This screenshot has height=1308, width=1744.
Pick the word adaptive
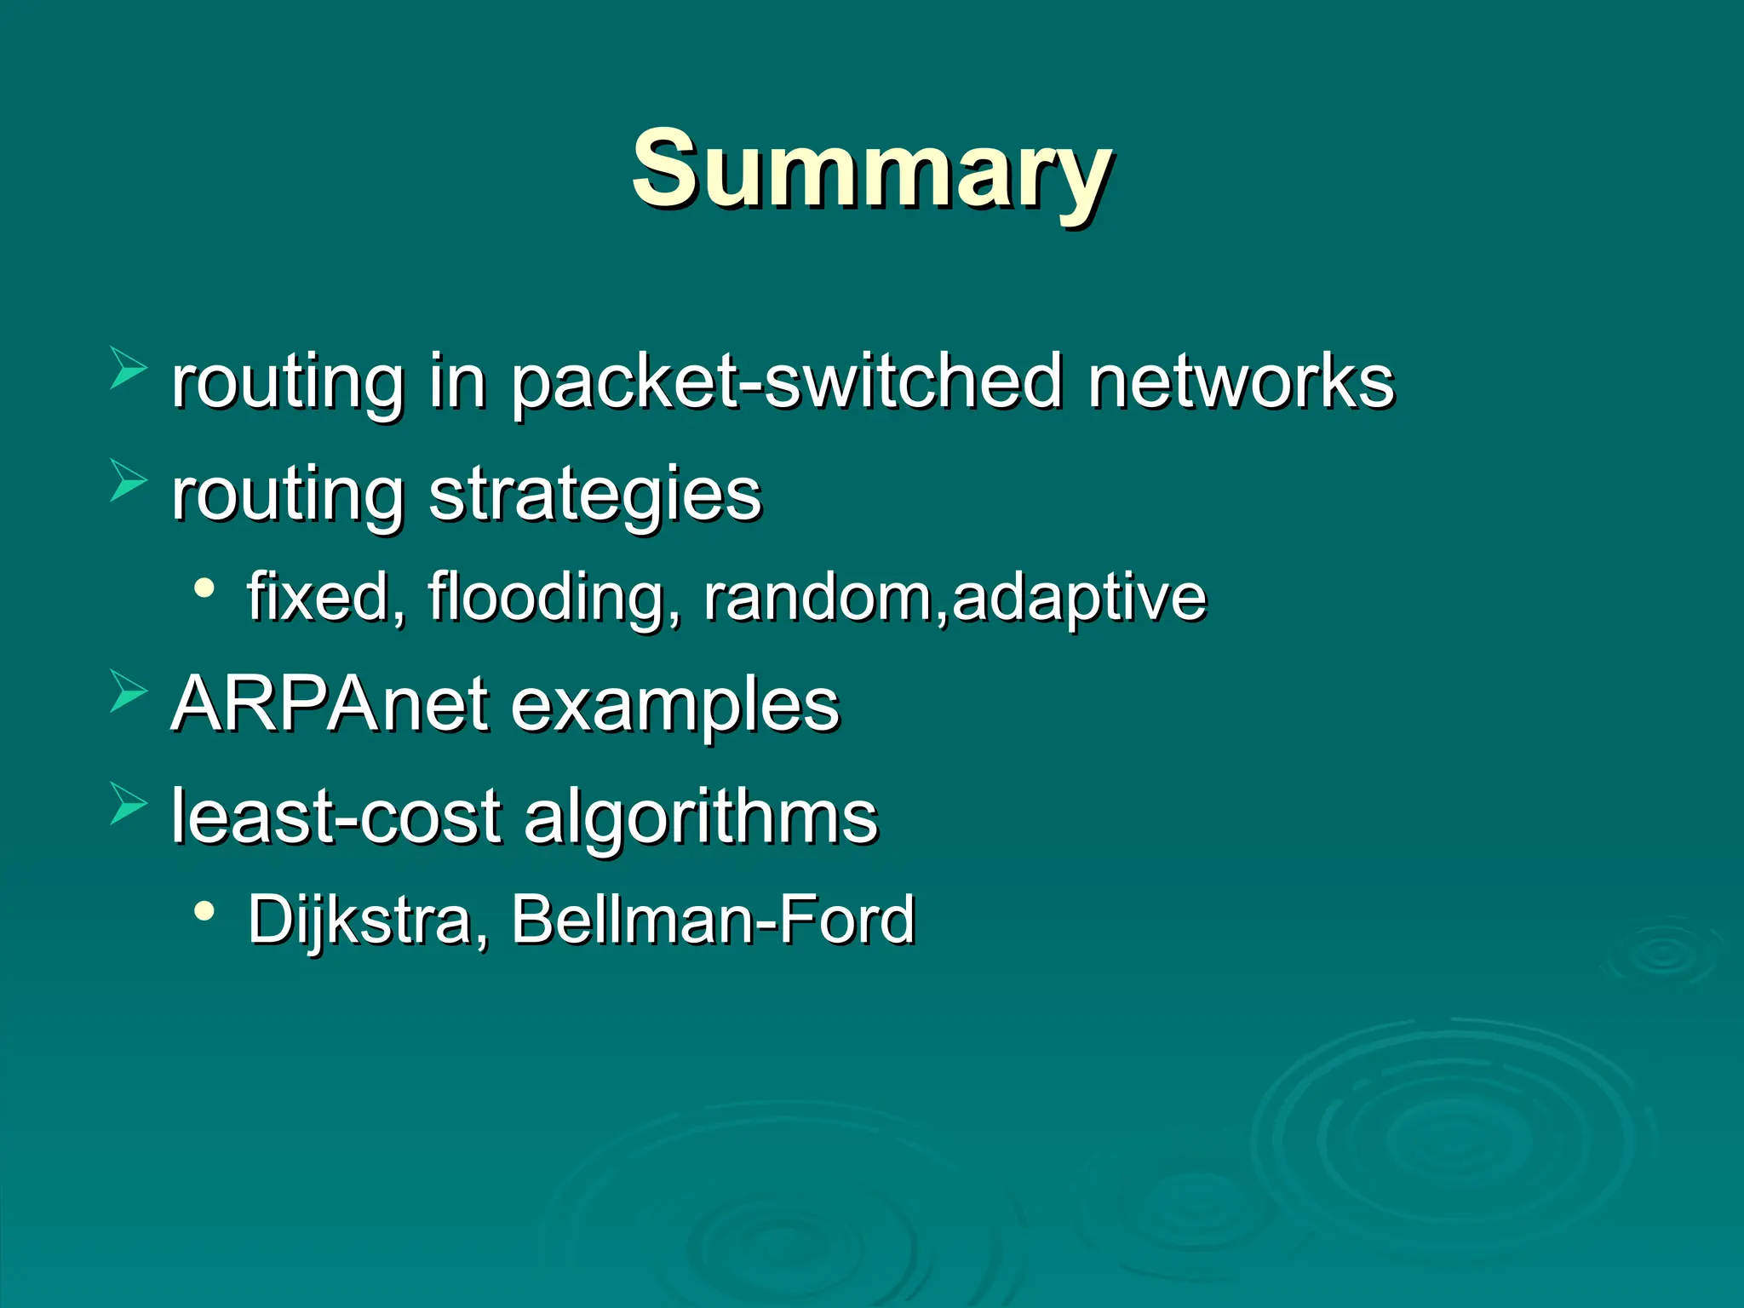click(1079, 599)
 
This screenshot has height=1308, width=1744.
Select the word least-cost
click(336, 816)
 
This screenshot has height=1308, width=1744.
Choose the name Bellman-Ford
click(713, 920)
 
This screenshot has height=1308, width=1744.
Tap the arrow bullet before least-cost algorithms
click(128, 804)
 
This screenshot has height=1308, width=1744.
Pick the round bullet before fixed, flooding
click(204, 588)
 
